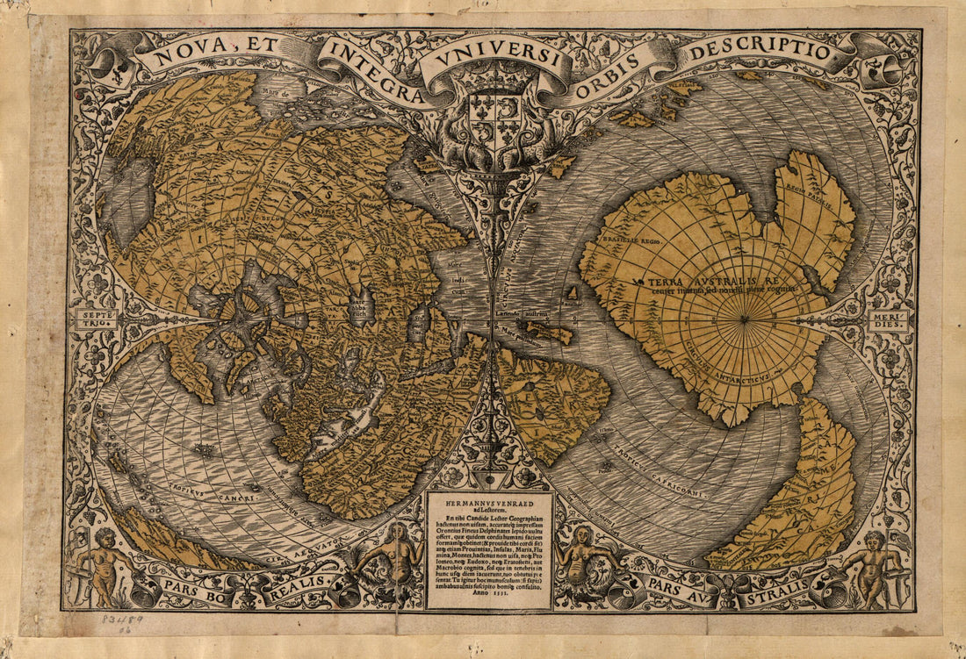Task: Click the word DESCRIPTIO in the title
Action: pos(761,52)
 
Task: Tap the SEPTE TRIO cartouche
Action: pos(97,319)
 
